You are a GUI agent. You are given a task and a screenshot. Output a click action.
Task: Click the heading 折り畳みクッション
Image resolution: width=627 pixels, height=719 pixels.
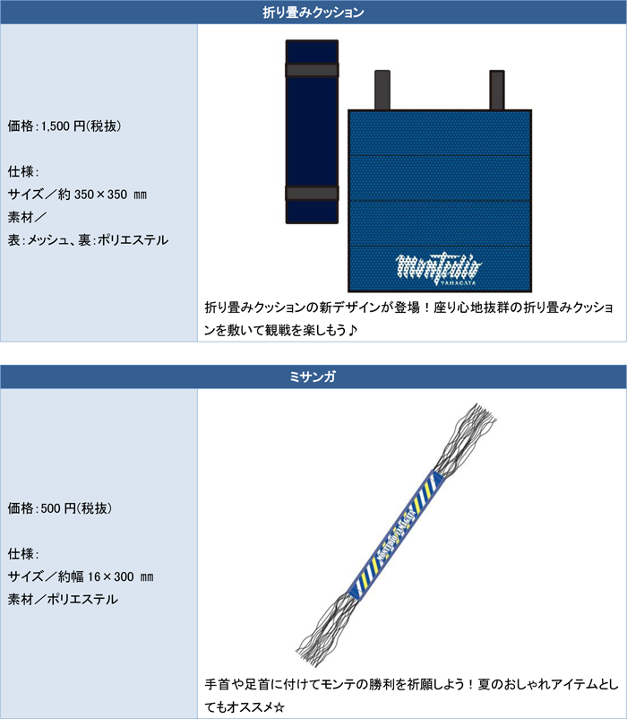[313, 12]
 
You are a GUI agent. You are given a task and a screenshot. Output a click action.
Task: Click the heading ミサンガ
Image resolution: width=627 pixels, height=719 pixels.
[313, 377]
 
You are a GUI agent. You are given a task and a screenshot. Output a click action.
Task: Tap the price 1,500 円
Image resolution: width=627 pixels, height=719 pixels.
[64, 126]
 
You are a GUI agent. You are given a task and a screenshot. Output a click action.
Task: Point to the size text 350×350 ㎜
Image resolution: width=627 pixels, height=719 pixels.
[110, 195]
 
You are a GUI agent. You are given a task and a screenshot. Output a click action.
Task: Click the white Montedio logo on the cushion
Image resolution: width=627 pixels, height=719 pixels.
[439, 270]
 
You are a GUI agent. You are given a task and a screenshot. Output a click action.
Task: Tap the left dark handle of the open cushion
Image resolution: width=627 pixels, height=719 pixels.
[382, 91]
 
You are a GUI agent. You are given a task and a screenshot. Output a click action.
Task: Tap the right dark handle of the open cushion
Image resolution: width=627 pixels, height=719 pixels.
[497, 91]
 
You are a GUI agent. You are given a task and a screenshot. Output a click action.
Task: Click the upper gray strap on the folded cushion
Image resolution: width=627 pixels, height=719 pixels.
[312, 70]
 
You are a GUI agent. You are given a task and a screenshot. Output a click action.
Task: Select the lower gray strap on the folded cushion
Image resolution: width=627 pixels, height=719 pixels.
[312, 193]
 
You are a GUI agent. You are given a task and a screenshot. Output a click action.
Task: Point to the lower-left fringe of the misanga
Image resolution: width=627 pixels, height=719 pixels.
[327, 629]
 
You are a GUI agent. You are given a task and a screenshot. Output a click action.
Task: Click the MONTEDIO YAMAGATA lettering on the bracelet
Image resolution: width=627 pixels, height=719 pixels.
[396, 534]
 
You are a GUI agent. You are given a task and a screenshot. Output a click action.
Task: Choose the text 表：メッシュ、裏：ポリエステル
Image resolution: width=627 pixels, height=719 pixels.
[88, 240]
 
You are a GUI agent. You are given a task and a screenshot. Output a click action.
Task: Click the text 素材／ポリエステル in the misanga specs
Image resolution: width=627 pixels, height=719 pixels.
[63, 599]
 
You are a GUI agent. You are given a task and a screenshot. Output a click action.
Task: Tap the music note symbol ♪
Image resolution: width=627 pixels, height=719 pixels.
[352, 330]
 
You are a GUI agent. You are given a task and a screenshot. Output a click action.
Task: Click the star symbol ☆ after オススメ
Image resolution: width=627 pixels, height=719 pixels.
[279, 706]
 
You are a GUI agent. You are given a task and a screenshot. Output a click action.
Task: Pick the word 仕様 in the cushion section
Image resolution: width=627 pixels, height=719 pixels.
[21, 171]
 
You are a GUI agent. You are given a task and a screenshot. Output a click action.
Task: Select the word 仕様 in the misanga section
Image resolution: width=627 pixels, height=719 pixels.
[21, 553]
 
